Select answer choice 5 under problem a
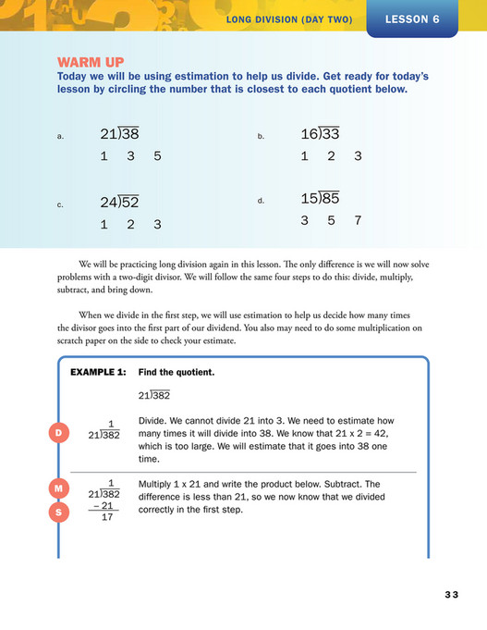[x=158, y=156]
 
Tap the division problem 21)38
[x=119, y=135]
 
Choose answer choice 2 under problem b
[x=331, y=156]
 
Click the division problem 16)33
[x=320, y=134]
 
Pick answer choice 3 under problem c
[x=158, y=224]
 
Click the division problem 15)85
[x=320, y=198]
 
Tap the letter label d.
[x=261, y=201]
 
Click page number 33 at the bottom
[x=450, y=594]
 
